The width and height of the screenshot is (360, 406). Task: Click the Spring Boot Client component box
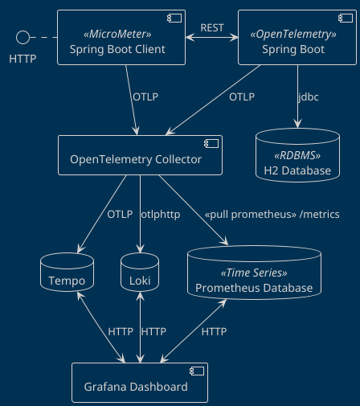(x=121, y=38)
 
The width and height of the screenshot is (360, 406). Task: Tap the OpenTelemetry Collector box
(x=140, y=154)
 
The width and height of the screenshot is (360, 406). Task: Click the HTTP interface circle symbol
(x=23, y=37)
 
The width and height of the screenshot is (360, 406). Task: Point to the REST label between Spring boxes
(x=212, y=27)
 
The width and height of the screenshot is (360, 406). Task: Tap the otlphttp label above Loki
(x=161, y=215)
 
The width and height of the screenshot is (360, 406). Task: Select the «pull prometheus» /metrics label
(x=272, y=215)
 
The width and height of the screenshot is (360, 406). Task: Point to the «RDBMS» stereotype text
(x=297, y=156)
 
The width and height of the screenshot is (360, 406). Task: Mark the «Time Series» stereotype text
(x=253, y=273)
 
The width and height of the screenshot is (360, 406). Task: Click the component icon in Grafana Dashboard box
(x=196, y=371)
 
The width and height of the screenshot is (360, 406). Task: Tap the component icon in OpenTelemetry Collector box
(x=211, y=144)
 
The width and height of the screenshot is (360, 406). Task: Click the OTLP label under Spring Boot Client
(x=145, y=96)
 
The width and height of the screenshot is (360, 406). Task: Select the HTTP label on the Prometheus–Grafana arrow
(x=214, y=331)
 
